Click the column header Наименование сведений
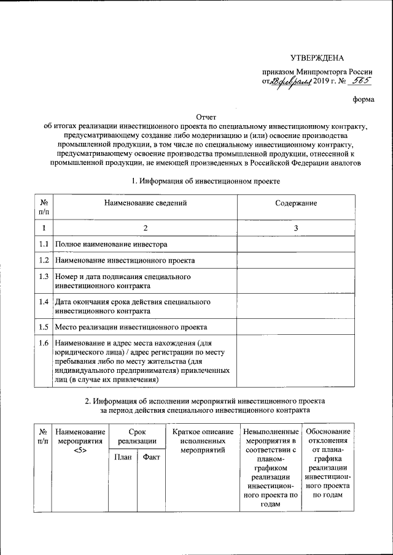pos(146,203)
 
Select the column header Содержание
pos(296,203)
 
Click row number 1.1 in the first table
pos(44,244)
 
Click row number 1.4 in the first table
pos(44,302)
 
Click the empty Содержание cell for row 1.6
pos(296,361)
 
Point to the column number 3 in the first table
pos(296,228)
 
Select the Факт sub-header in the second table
pos(151,457)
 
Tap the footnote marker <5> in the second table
pos(79,451)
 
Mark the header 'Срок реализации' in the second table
pos(137,437)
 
